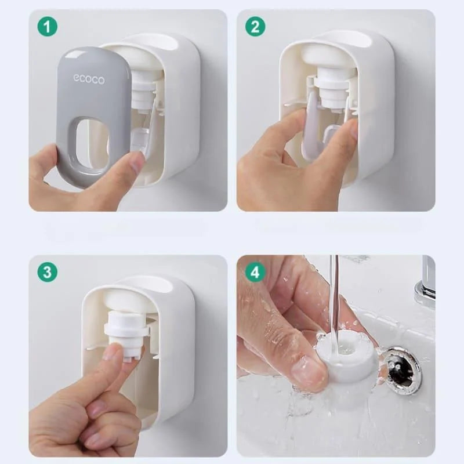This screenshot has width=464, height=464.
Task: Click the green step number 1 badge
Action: point(48,27)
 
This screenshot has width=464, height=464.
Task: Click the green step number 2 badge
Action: point(255,27)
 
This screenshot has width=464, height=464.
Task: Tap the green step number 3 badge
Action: point(48,272)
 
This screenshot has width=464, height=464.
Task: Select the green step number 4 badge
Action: point(255,272)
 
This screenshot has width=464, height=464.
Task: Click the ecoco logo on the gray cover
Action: point(89,78)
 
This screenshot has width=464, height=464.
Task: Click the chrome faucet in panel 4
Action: point(427,284)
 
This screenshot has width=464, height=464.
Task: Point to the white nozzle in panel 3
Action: point(125,331)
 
